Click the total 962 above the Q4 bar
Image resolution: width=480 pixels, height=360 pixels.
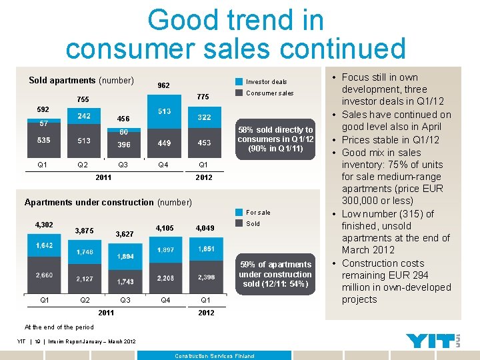pyautogui.click(x=163, y=85)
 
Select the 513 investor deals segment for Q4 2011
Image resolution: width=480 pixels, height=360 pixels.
pyautogui.click(x=163, y=111)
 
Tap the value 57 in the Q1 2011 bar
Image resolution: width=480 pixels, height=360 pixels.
pyautogui.click(x=43, y=123)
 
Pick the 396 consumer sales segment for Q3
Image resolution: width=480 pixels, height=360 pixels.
pyautogui.click(x=123, y=144)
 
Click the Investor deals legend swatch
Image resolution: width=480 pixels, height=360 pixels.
pyautogui.click(x=239, y=82)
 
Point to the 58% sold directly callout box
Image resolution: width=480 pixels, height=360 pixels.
pyautogui.click(x=275, y=139)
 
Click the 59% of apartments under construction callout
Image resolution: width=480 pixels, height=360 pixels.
pyautogui.click(x=275, y=274)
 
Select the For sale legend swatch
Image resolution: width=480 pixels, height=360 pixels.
pyautogui.click(x=239, y=213)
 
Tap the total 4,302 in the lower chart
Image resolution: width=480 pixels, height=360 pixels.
pyautogui.click(x=43, y=225)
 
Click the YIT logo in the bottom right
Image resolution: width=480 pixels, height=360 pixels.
pyautogui.click(x=433, y=341)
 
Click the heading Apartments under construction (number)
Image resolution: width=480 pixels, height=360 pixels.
pyautogui.click(x=108, y=202)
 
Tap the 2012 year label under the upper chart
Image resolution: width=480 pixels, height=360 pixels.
pyautogui.click(x=204, y=177)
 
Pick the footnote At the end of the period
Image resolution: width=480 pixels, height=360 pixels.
pyautogui.click(x=59, y=327)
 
